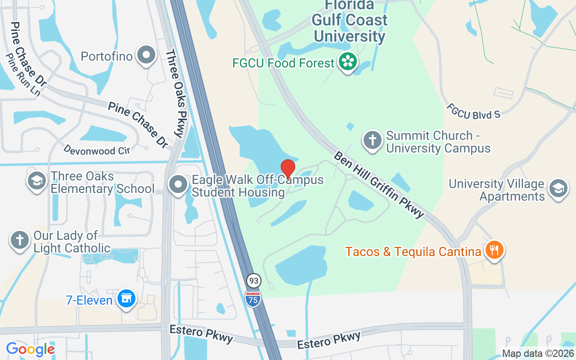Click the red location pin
click(288, 169)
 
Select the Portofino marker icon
click(146, 56)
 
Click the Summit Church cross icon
click(372, 140)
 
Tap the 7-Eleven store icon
click(126, 298)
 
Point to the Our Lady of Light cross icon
click(20, 240)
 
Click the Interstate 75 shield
click(253, 298)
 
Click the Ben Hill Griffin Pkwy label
click(379, 184)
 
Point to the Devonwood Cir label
click(96, 150)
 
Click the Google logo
click(30, 349)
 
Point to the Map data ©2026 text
click(538, 354)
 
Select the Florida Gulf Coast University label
click(350, 20)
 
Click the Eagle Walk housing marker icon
click(179, 185)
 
